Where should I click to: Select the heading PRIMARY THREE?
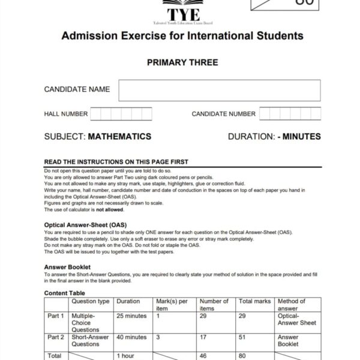182,62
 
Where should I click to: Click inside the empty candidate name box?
219,90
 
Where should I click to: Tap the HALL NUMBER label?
66,114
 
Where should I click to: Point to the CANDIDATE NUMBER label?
223,114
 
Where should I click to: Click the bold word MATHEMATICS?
119,137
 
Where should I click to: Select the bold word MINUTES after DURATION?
301,137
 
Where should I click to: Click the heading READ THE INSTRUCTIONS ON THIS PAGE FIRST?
116,162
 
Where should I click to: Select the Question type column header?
90,301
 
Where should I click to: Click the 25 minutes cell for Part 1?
131,316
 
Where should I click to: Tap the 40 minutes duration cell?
131,337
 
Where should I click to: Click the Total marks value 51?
242,337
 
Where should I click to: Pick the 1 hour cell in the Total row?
125,355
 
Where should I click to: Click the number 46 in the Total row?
203,355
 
